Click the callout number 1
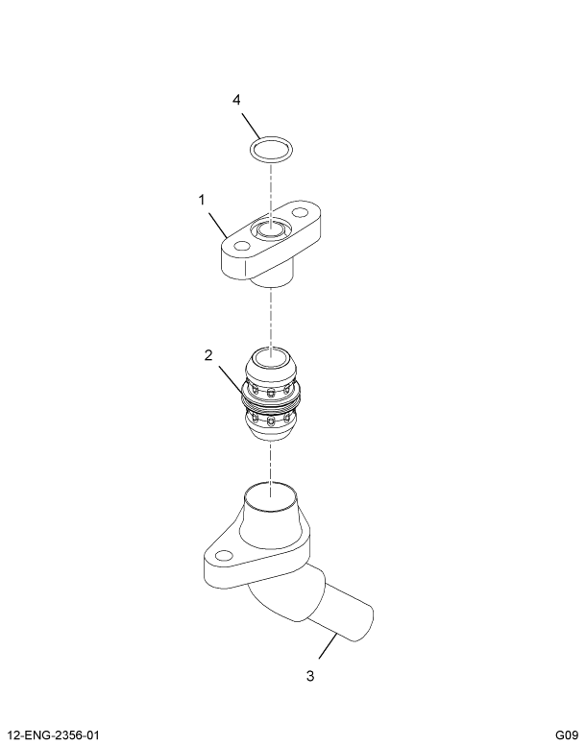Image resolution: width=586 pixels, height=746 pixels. tap(202, 200)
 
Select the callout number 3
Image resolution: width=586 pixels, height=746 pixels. tap(309, 676)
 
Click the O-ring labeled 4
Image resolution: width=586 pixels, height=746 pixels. tap(271, 150)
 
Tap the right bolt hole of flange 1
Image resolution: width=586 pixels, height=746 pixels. tap(301, 212)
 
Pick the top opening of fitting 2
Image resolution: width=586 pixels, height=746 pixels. tap(271, 362)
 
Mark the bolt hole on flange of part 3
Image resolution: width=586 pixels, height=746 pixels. tap(225, 555)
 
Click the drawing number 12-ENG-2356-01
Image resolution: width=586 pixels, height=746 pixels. tap(55, 734)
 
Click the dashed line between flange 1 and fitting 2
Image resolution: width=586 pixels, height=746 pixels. tap(271, 317)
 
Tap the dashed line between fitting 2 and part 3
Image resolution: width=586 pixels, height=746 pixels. tap(271, 461)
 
